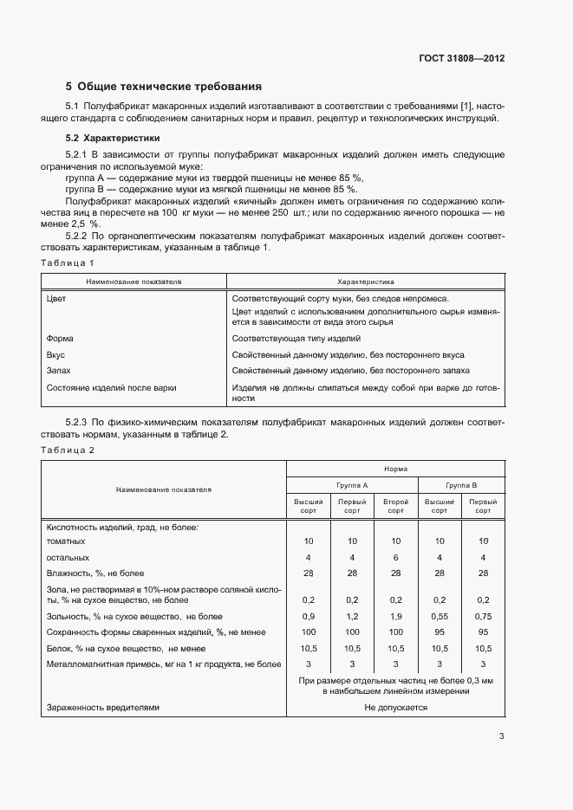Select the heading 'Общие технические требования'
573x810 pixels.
(168, 87)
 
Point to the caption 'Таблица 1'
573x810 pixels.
(68, 262)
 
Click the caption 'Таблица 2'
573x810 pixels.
(68, 450)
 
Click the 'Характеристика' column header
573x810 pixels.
(365, 282)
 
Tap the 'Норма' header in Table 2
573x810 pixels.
(395, 466)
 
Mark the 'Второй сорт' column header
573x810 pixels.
(395, 506)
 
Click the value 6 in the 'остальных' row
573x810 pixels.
(395, 557)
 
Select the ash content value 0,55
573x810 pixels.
(440, 616)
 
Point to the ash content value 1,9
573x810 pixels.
(395, 616)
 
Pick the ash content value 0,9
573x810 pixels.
(309, 616)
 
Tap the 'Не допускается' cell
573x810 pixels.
(395, 707)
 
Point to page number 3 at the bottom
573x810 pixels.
(501, 737)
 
